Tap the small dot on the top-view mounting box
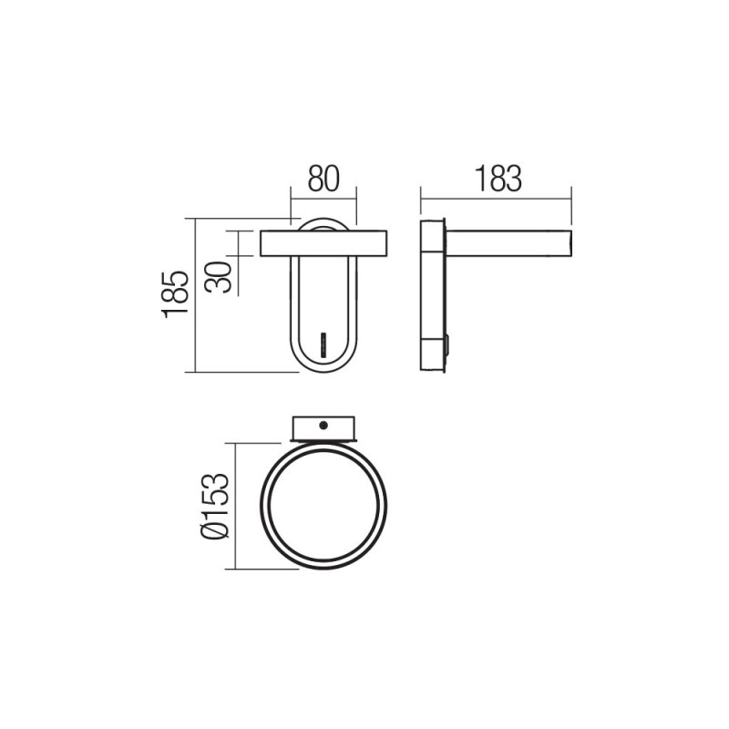pos(323,425)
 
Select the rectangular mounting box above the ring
pos(323,429)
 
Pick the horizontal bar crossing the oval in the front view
pos(323,244)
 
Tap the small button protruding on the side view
pos(447,344)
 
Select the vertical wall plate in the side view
pos(432,295)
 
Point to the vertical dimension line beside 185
pos(196,294)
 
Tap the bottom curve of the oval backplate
pos(323,364)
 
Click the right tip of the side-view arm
pos(570,244)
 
